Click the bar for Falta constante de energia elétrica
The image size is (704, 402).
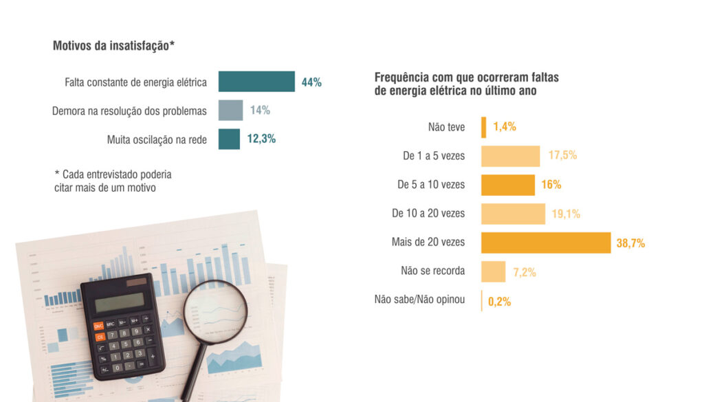[x=256, y=82]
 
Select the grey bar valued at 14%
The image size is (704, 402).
[x=230, y=111]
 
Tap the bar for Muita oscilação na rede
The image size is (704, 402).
[x=229, y=139]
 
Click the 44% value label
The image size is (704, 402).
[x=311, y=82]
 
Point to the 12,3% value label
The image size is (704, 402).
[x=261, y=139]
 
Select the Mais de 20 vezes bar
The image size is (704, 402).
[x=545, y=243]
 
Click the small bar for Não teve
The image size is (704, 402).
[x=484, y=127]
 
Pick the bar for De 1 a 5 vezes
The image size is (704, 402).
[x=510, y=156]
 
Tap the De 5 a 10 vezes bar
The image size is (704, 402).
[x=507, y=185]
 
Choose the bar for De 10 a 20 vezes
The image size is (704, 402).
[x=513, y=214]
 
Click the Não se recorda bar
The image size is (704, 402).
[x=493, y=271]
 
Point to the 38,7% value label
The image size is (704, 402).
[x=631, y=243]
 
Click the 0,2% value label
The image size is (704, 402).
[x=499, y=301]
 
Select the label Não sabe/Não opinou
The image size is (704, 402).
[x=419, y=300]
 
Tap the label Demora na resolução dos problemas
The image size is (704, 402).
[x=129, y=111]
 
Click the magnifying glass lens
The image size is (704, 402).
[x=216, y=310]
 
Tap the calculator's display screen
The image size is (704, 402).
[x=120, y=302]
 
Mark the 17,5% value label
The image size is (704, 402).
[x=562, y=156]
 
